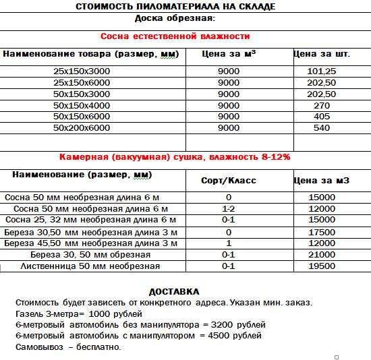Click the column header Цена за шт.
322,53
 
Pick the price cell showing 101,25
321,71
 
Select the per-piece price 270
322,105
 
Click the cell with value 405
322,116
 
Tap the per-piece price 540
322,127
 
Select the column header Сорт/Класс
229,181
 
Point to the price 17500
322,231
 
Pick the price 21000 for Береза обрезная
322,254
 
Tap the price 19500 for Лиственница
322,266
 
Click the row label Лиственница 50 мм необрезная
90,266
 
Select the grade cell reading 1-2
229,209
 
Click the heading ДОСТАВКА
174,291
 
